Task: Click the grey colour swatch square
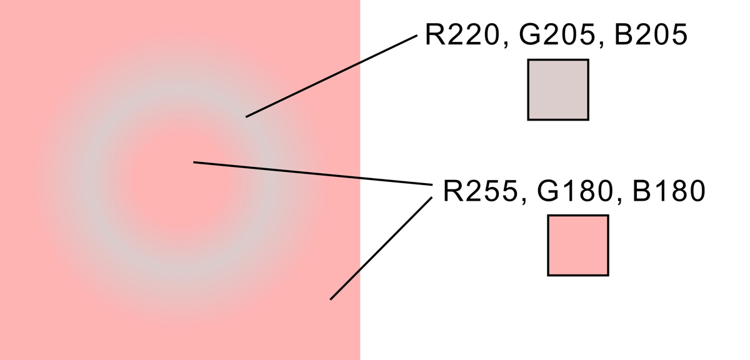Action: tap(558, 90)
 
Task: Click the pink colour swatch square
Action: tap(578, 246)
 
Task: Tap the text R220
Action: tap(462, 34)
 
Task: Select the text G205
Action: tap(557, 34)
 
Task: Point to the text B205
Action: tap(651, 34)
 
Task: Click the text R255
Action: tap(480, 191)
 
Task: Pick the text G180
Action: tap(575, 191)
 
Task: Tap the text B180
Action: tap(669, 191)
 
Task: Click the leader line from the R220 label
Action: tap(331, 76)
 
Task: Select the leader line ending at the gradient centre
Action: tap(312, 174)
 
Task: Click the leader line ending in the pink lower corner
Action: tap(381, 248)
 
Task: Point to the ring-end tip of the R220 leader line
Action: tap(246, 117)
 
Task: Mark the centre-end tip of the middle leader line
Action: tap(194, 162)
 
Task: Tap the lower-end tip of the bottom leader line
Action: tap(331, 299)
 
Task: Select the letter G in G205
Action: tap(530, 34)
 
